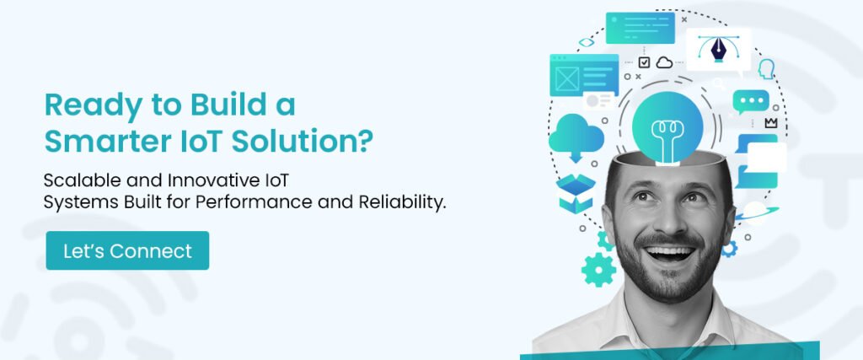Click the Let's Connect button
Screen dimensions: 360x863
(127, 250)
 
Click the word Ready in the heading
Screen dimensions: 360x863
(83, 106)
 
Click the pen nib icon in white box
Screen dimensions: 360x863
(718, 49)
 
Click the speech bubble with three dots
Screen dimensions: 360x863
(751, 102)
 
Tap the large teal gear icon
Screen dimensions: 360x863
(599, 269)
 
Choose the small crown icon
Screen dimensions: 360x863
(770, 123)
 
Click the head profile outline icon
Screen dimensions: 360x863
(766, 68)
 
